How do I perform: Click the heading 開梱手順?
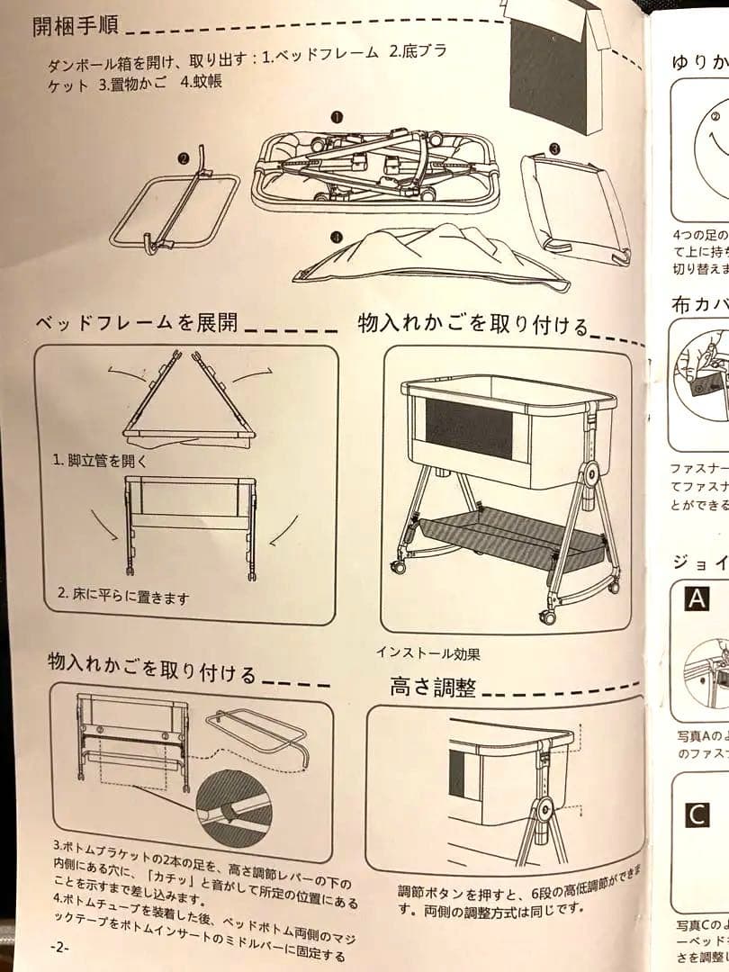(76, 25)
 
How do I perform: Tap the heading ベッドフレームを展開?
(136, 321)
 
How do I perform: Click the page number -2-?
(59, 948)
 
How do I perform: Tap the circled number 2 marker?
(184, 158)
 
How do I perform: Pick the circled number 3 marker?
(555, 148)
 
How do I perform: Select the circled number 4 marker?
(336, 238)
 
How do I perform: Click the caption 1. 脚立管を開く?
(99, 460)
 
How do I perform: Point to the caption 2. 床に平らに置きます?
(123, 595)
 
